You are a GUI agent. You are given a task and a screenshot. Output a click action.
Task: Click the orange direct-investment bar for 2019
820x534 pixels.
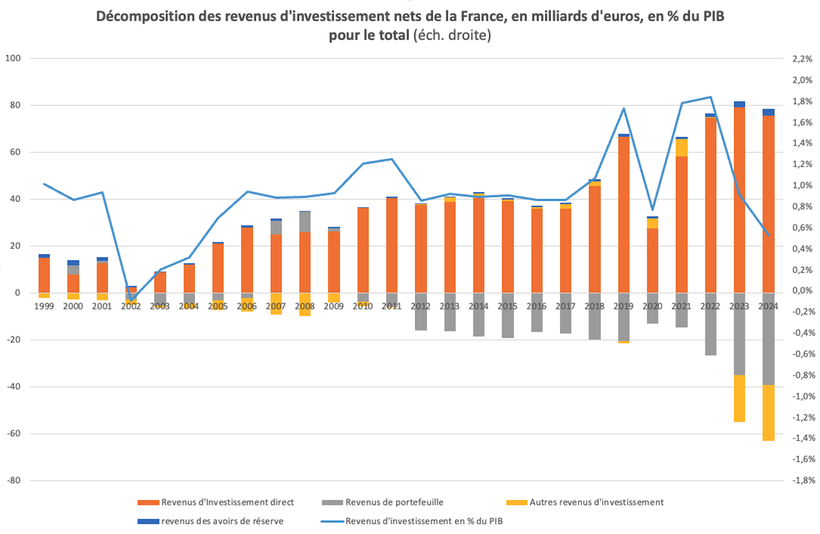624,214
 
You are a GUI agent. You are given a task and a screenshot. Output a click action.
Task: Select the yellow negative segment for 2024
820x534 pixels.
768,413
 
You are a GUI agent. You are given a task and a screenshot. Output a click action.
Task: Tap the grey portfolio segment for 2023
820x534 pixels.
739,333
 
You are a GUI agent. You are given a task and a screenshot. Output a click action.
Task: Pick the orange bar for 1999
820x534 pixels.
44,275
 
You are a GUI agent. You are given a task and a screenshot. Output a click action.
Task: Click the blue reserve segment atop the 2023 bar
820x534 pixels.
739,104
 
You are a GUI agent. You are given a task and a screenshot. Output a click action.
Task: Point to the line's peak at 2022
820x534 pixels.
711,97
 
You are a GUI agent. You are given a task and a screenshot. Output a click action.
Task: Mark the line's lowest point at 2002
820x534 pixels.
131,300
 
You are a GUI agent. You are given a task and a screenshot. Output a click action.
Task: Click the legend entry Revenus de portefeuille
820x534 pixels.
394,502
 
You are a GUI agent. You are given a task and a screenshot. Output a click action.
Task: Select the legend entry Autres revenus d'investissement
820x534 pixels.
596,502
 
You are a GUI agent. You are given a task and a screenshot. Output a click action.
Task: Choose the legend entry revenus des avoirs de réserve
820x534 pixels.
222,521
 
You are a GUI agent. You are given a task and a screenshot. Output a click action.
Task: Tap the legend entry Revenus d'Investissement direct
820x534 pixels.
227,502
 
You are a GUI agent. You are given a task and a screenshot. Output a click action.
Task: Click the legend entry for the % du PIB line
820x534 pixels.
424,521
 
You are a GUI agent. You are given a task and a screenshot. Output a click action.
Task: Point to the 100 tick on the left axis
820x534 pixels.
13,58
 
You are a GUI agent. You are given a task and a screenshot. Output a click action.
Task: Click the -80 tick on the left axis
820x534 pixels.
14,481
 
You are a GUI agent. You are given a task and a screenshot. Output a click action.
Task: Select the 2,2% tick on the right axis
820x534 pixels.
802,59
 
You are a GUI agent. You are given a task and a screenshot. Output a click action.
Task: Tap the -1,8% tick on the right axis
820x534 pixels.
803,481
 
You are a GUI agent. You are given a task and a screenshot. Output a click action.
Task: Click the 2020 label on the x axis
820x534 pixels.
652,306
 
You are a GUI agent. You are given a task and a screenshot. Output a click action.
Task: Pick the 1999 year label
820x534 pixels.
44,306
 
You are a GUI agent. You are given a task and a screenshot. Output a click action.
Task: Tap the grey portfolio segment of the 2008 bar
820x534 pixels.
305,222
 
